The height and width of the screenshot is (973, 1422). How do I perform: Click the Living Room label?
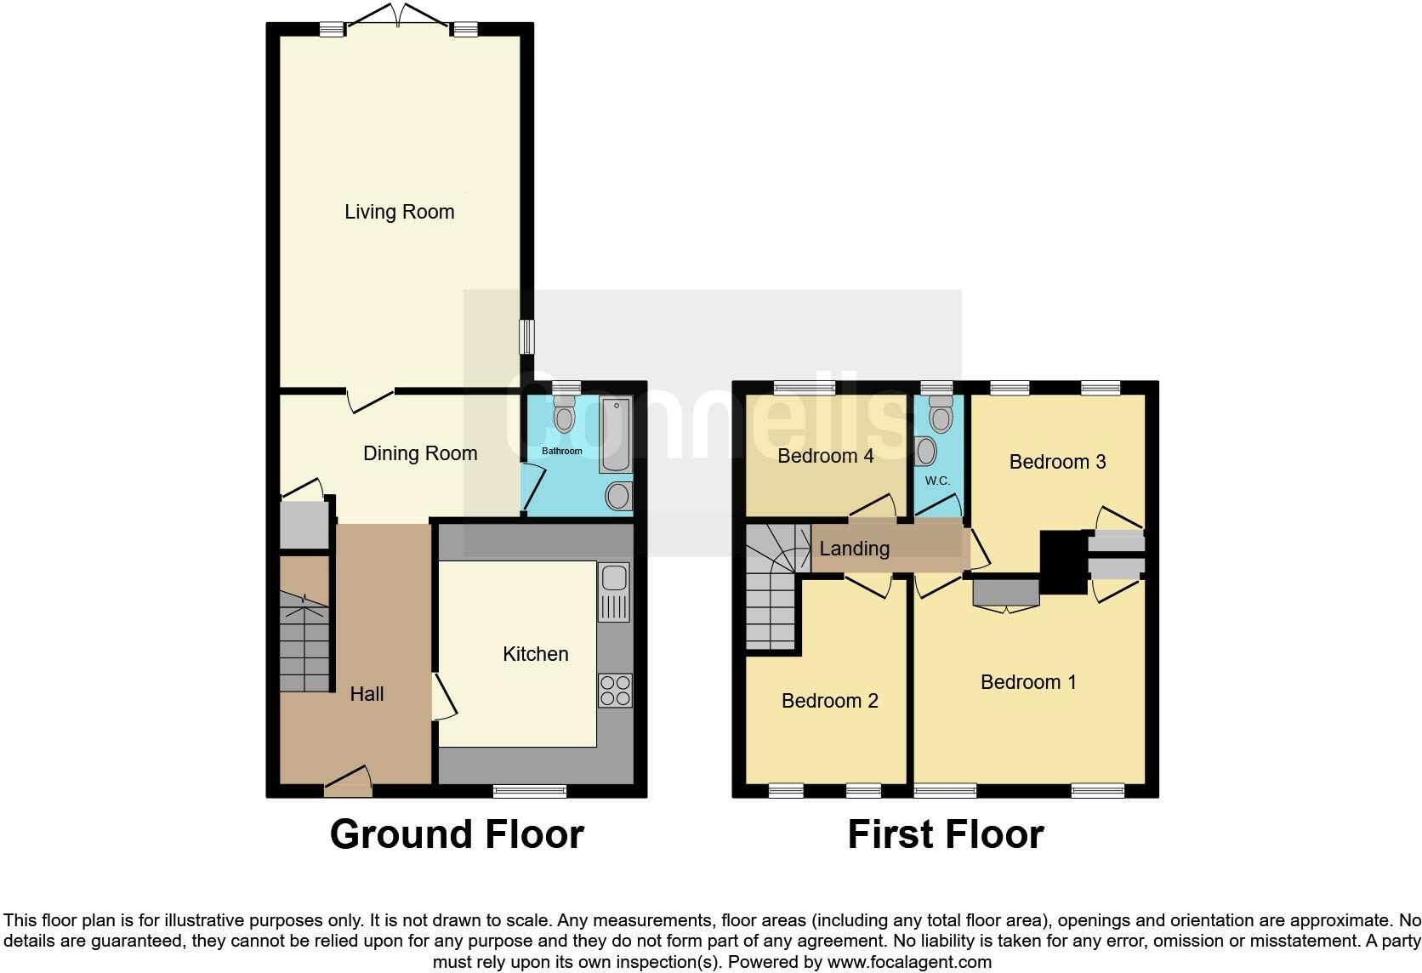[x=399, y=212]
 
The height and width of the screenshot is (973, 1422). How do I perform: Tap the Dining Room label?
[x=419, y=453]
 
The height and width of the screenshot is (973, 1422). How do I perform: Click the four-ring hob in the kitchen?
[x=615, y=690]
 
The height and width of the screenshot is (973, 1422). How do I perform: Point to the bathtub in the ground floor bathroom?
[x=616, y=436]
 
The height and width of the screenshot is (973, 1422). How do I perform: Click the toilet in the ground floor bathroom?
[x=563, y=416]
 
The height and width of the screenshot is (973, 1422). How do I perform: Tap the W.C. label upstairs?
[x=937, y=481]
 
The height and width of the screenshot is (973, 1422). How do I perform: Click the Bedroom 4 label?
[x=825, y=456]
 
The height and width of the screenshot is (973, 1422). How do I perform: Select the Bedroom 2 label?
[x=829, y=701]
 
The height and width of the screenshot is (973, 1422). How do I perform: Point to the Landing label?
[x=854, y=549]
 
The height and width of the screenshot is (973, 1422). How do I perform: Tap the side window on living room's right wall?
[x=527, y=337]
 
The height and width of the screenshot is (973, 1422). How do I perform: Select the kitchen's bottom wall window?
[x=530, y=792]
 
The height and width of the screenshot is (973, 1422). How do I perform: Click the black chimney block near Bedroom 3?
[x=1063, y=562]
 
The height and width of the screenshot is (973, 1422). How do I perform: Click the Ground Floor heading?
[x=457, y=834]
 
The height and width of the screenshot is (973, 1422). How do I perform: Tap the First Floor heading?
[x=945, y=834]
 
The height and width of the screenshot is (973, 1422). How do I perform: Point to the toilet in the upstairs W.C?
[x=940, y=416]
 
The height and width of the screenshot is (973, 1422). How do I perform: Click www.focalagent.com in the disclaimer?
[x=908, y=962]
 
